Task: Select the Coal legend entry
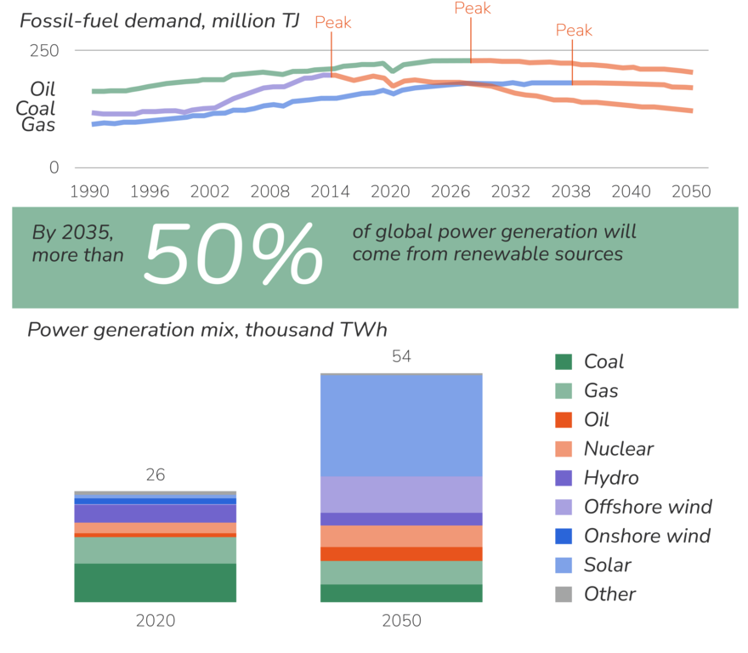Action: pyautogui.click(x=603, y=361)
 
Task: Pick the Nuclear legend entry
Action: pyautogui.click(x=618, y=449)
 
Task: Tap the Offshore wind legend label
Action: pyautogui.click(x=647, y=508)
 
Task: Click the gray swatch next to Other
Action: pyautogui.click(x=564, y=594)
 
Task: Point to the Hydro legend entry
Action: pyautogui.click(x=611, y=478)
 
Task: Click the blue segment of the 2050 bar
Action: pyautogui.click(x=401, y=425)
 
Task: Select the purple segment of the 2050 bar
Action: pyautogui.click(x=401, y=501)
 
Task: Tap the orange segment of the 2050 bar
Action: pyautogui.click(x=401, y=542)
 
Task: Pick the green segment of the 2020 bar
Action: pyautogui.click(x=155, y=570)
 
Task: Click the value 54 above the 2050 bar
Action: pyautogui.click(x=401, y=357)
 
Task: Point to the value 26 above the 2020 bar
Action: pyautogui.click(x=155, y=476)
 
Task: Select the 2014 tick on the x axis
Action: pyautogui.click(x=330, y=191)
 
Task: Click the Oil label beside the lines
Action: pyautogui.click(x=42, y=88)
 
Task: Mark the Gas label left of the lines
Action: pyautogui.click(x=38, y=124)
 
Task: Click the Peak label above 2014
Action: pyautogui.click(x=333, y=23)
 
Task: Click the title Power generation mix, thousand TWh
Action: pyautogui.click(x=207, y=331)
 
